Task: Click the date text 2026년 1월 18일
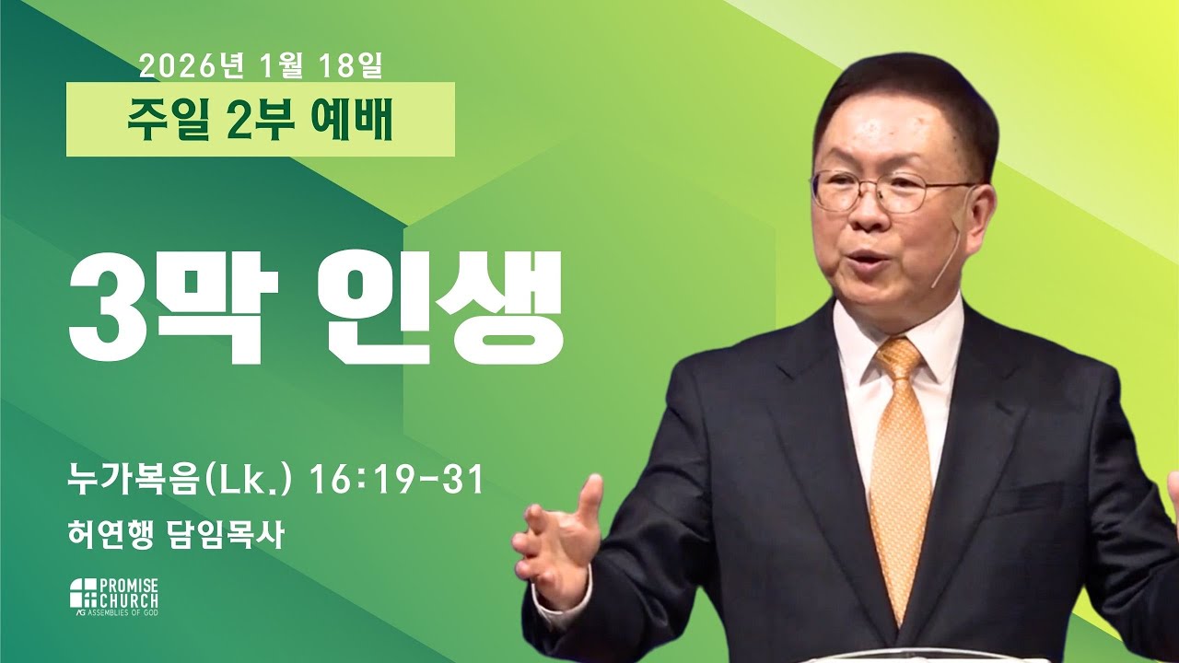261,66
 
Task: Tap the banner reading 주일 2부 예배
261,120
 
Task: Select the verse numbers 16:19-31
397,480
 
